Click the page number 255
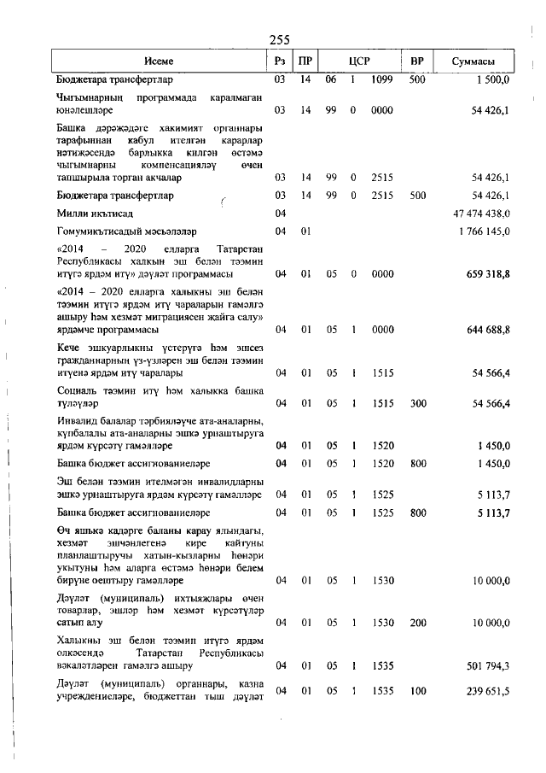(280, 39)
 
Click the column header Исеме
(159, 61)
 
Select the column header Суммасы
(473, 61)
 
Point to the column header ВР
(417, 61)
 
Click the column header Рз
(279, 61)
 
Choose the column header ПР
(305, 61)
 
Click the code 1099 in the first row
(381, 79)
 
